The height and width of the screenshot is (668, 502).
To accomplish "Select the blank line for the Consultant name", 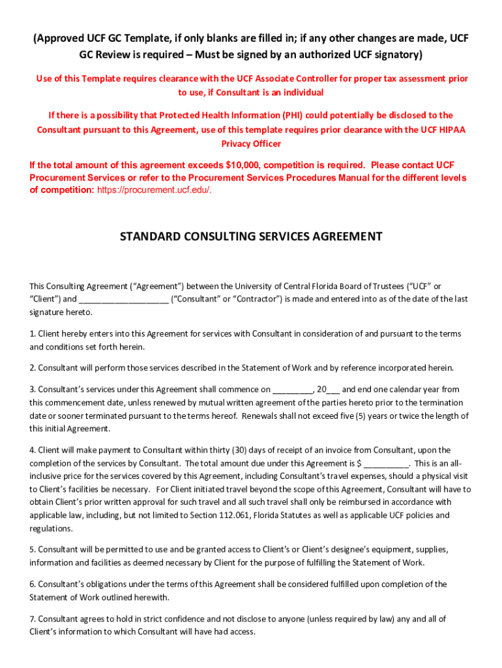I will pyautogui.click(x=124, y=299).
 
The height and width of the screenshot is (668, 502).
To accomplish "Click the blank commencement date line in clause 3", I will pyautogui.click(x=292, y=389).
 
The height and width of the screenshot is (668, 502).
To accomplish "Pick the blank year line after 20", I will pyautogui.click(x=332, y=389).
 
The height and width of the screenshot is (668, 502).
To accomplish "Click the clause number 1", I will pyautogui.click(x=32, y=334).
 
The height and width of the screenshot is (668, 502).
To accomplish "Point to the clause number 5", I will pyautogui.click(x=32, y=549).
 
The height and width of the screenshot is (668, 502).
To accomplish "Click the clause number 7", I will pyautogui.click(x=32, y=618).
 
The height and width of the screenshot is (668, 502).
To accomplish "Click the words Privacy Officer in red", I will pyautogui.click(x=251, y=144).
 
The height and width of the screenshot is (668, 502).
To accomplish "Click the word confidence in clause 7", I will pyautogui.click(x=169, y=618).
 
